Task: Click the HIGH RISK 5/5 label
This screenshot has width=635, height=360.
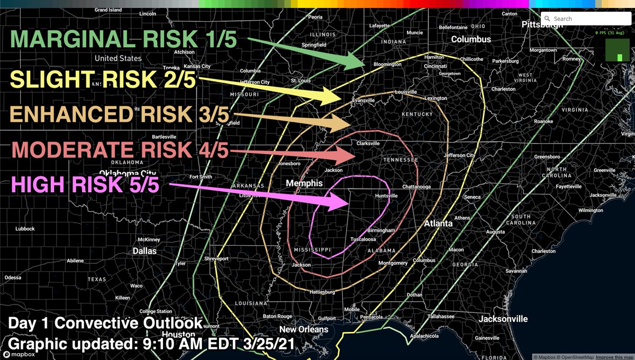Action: (85, 186)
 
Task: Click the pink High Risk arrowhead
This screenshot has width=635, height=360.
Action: (341, 201)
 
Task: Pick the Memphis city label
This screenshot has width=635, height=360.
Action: (304, 183)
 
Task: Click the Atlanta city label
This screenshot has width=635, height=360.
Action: (438, 223)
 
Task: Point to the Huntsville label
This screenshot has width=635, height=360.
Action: (386, 196)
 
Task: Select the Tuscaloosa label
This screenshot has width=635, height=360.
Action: (364, 240)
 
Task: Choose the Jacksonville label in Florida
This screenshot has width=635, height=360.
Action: (503, 319)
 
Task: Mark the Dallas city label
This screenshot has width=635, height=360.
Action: (144, 251)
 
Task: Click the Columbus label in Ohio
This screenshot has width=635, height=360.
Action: (471, 39)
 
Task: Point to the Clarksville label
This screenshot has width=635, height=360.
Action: (368, 143)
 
